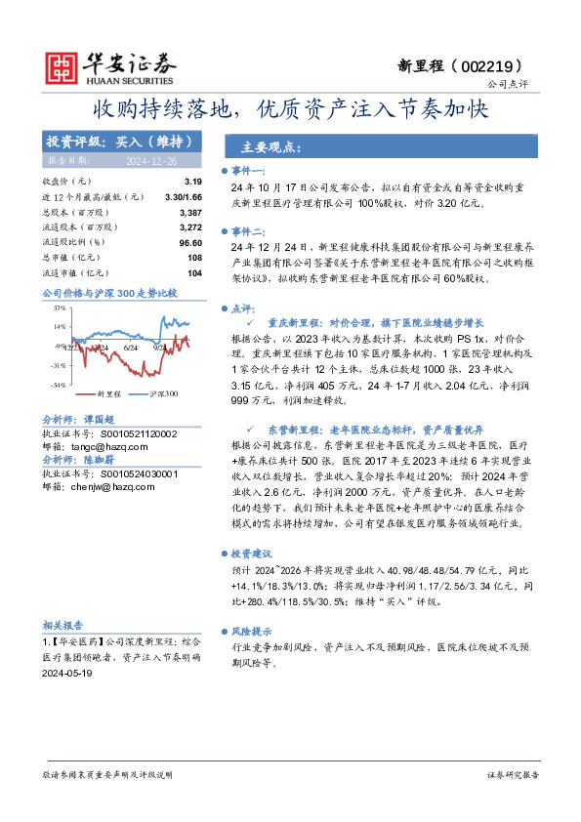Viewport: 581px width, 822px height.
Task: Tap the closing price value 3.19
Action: point(192,182)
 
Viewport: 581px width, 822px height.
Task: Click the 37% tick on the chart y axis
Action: point(60,307)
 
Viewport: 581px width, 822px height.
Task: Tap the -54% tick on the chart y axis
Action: point(59,385)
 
